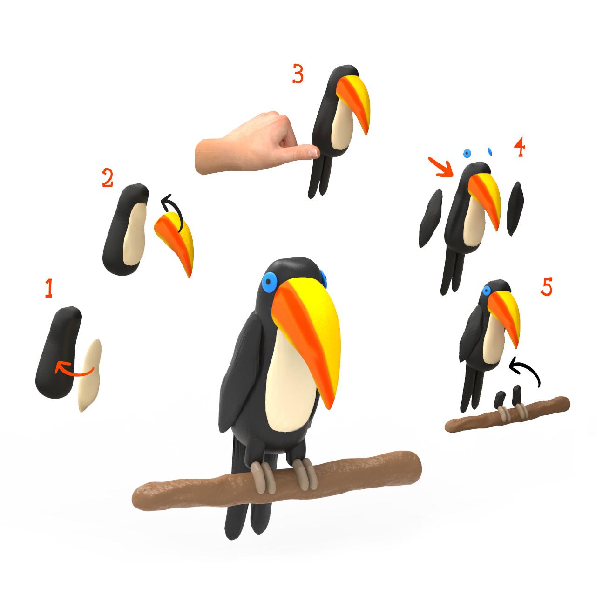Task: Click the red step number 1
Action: [48, 288]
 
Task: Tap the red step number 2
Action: [107, 178]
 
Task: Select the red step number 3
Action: [298, 74]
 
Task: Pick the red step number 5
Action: [546, 286]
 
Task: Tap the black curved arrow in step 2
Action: [174, 210]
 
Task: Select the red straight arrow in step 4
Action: [441, 167]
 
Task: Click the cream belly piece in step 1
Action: [90, 375]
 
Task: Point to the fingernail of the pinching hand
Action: [313, 152]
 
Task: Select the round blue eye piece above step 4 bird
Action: [467, 153]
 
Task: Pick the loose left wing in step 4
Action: [430, 218]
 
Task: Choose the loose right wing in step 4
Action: [515, 208]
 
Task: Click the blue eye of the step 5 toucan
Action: [487, 291]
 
